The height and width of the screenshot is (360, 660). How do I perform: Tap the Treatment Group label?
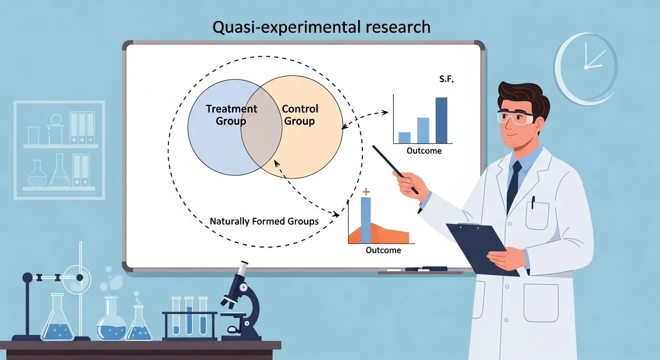231,115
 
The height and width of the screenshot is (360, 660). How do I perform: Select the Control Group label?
300,115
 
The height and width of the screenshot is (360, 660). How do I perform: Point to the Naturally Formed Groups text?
264,221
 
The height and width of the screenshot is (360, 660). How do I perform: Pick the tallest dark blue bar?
441,120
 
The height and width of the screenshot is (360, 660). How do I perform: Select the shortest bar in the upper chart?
405,137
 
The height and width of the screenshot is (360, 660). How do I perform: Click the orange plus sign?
366,191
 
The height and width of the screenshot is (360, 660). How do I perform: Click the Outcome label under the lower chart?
383,250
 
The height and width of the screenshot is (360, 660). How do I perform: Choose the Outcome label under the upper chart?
424,151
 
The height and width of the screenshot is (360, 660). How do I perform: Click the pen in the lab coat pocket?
533,202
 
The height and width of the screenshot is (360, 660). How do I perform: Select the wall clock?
585,68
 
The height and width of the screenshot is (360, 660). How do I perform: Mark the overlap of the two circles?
261,127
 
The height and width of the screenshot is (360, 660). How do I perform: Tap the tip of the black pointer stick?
374,146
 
